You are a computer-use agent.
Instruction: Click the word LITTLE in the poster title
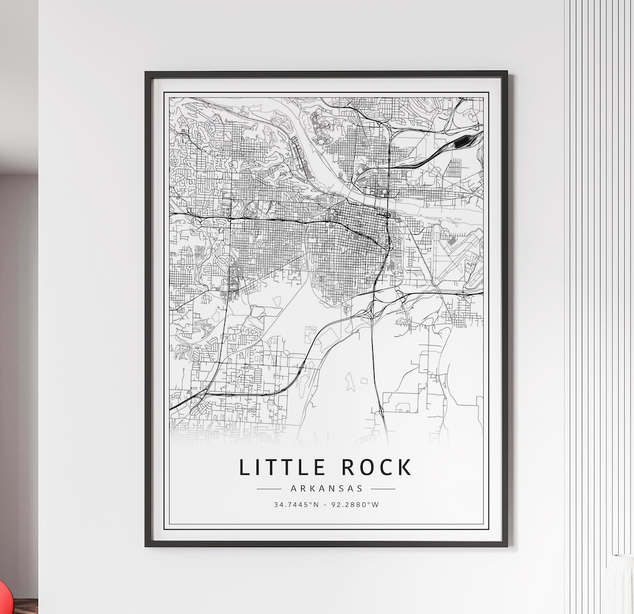pyautogui.click(x=282, y=467)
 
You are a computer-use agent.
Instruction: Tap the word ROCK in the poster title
pyautogui.click(x=376, y=467)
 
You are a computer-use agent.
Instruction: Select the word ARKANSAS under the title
pyautogui.click(x=326, y=488)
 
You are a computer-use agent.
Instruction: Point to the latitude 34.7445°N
pyautogui.click(x=296, y=504)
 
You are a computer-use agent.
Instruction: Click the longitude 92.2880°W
pyautogui.click(x=355, y=504)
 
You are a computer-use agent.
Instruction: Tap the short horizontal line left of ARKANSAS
pyautogui.click(x=269, y=488)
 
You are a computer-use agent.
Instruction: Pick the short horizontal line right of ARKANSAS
pyautogui.click(x=383, y=488)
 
